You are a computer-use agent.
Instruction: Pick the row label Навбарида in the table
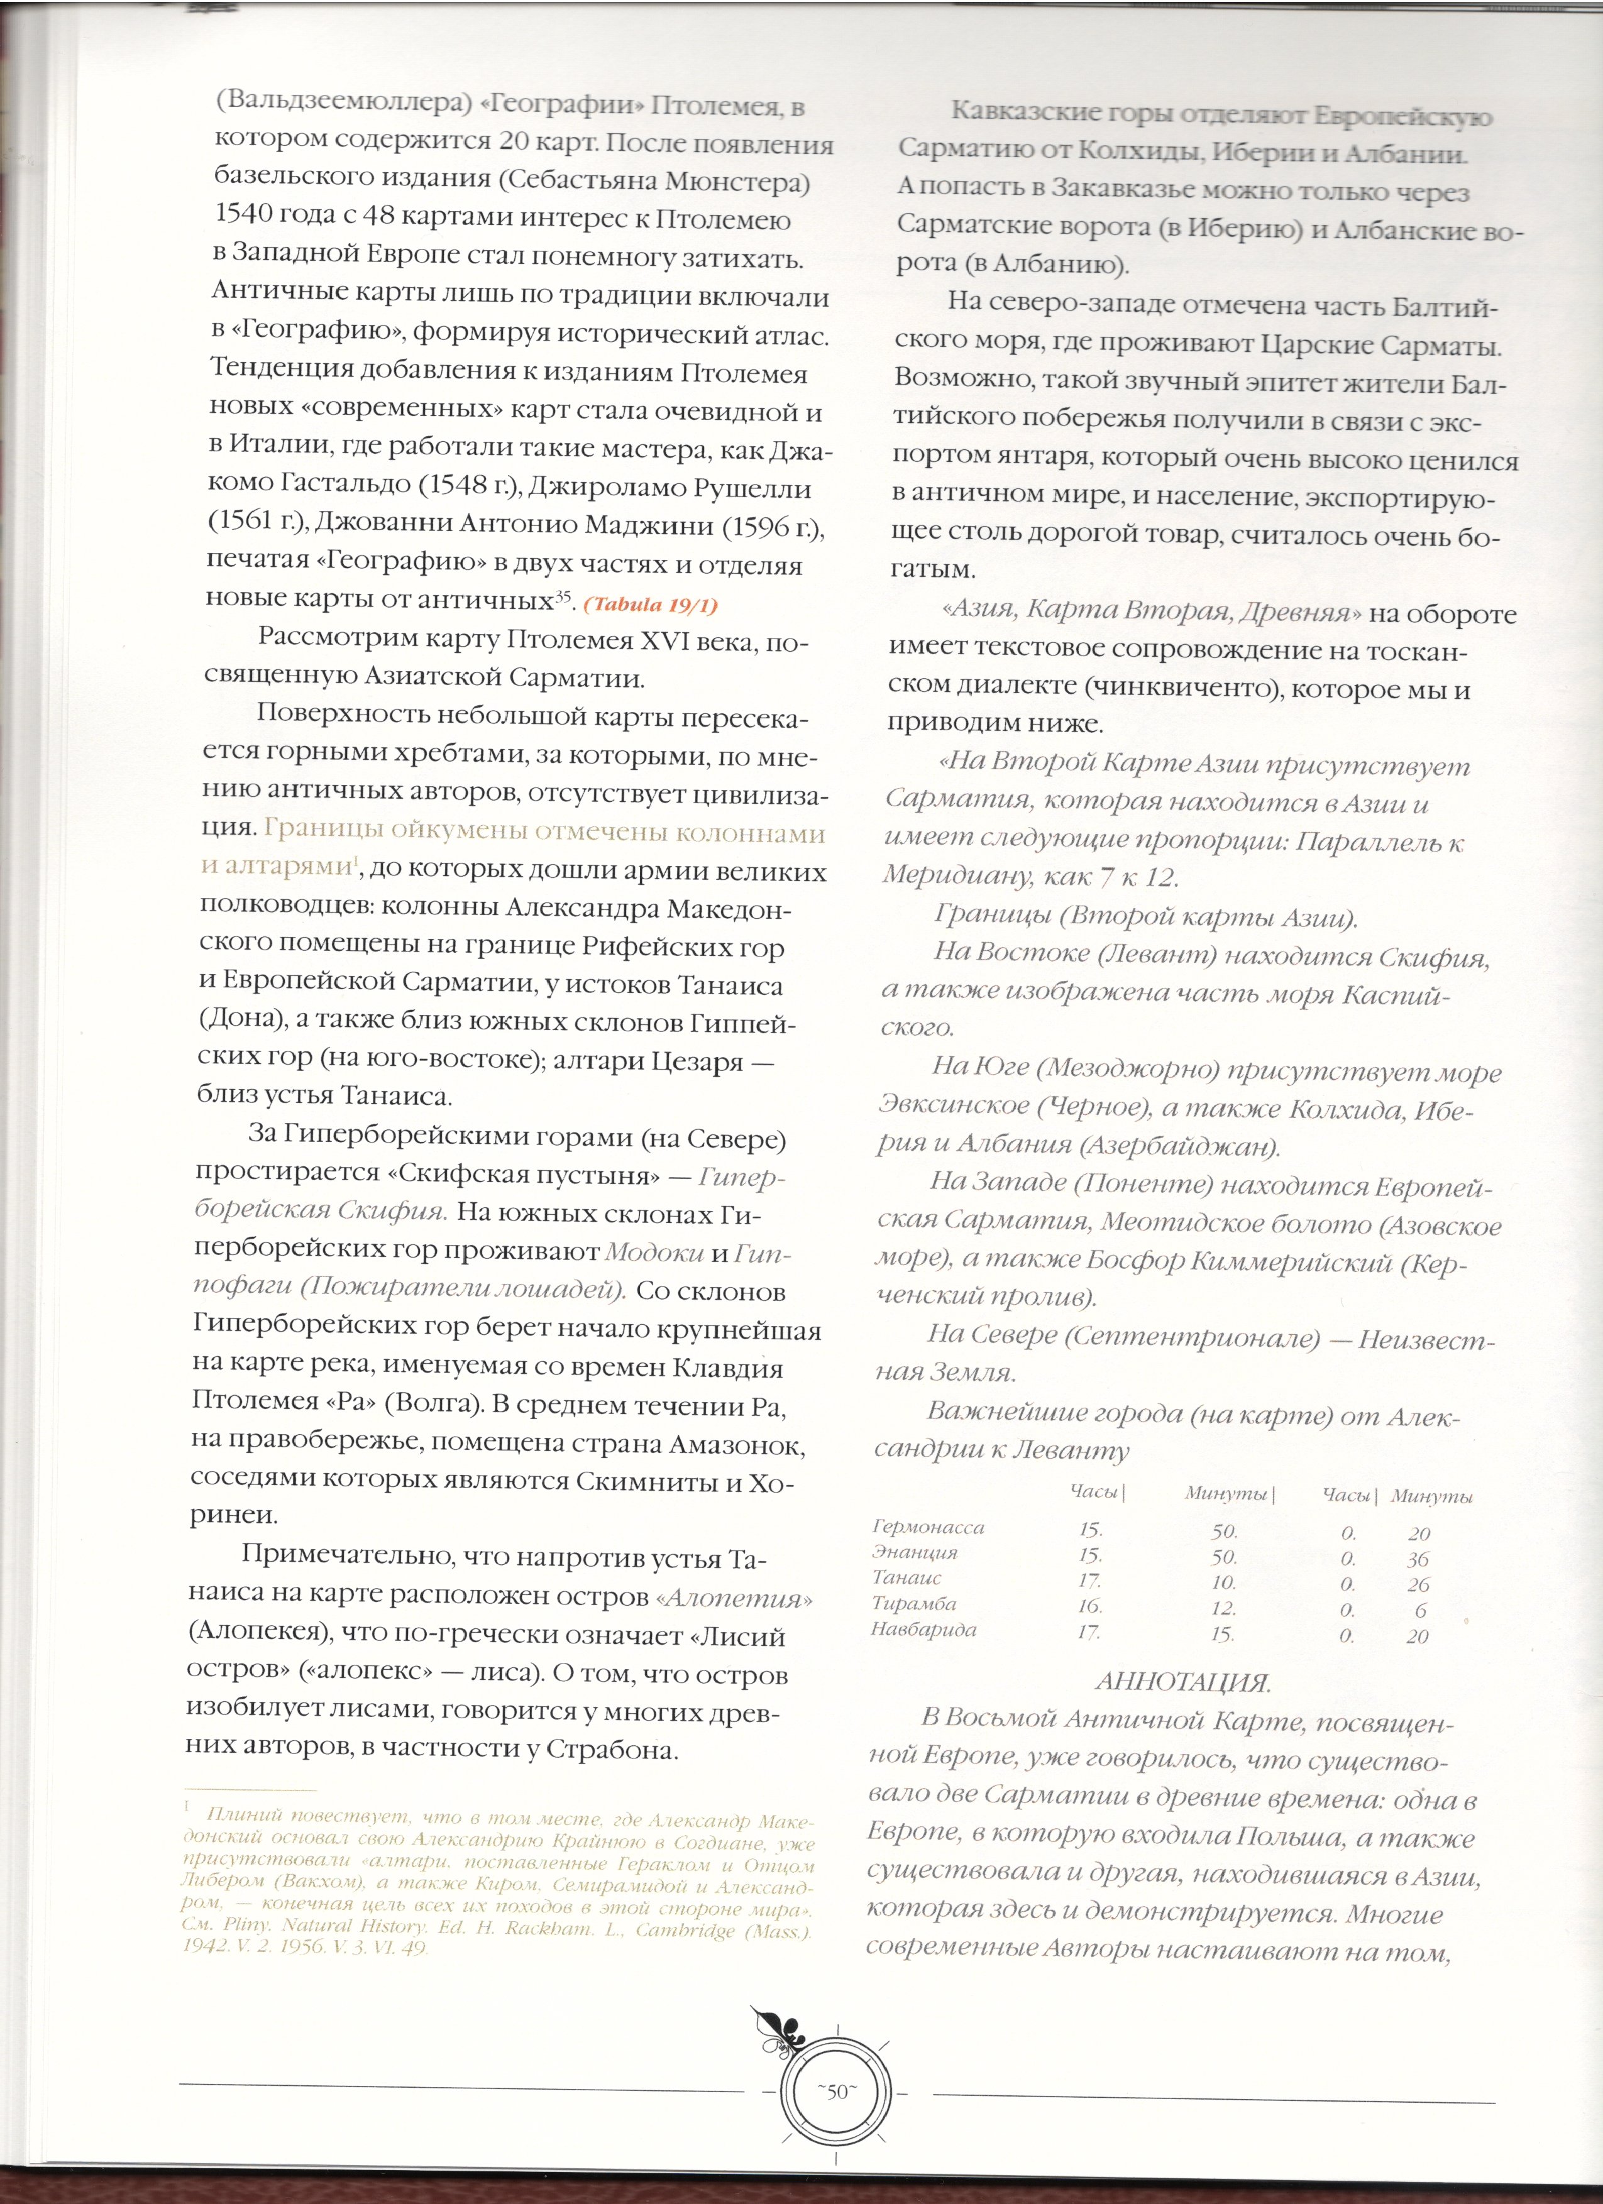click(x=923, y=1630)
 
